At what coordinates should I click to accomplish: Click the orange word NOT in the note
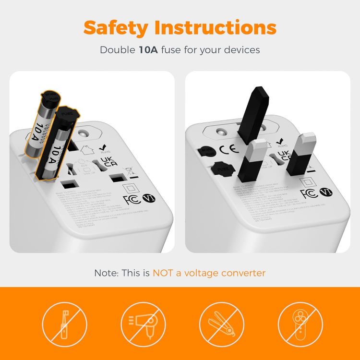click(x=165, y=273)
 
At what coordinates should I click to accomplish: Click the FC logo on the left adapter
click(x=131, y=200)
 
